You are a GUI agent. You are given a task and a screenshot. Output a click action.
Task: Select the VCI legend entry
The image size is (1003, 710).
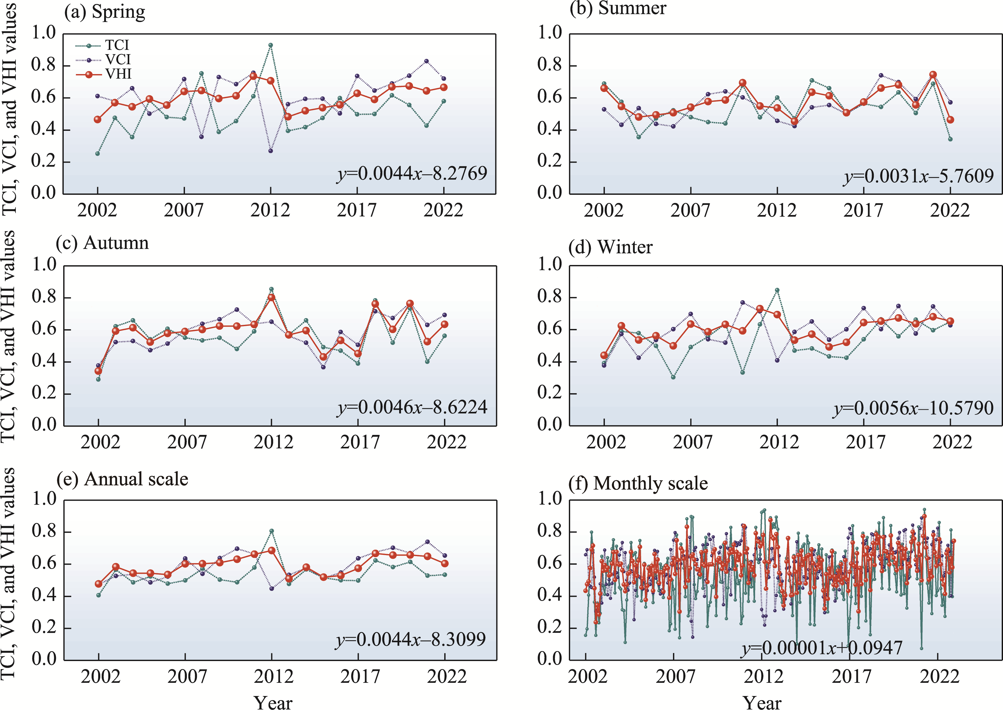tap(103, 60)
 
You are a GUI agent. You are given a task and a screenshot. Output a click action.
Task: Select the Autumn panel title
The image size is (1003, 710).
tap(102, 243)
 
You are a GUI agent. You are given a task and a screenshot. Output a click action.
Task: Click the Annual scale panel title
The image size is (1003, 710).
tap(123, 479)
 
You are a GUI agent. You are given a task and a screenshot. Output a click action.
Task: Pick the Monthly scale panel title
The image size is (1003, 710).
tap(638, 484)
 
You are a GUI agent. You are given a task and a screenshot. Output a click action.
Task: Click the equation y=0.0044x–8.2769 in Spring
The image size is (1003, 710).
tap(412, 174)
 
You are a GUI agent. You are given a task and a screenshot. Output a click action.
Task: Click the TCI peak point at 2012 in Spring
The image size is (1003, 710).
tap(271, 45)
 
